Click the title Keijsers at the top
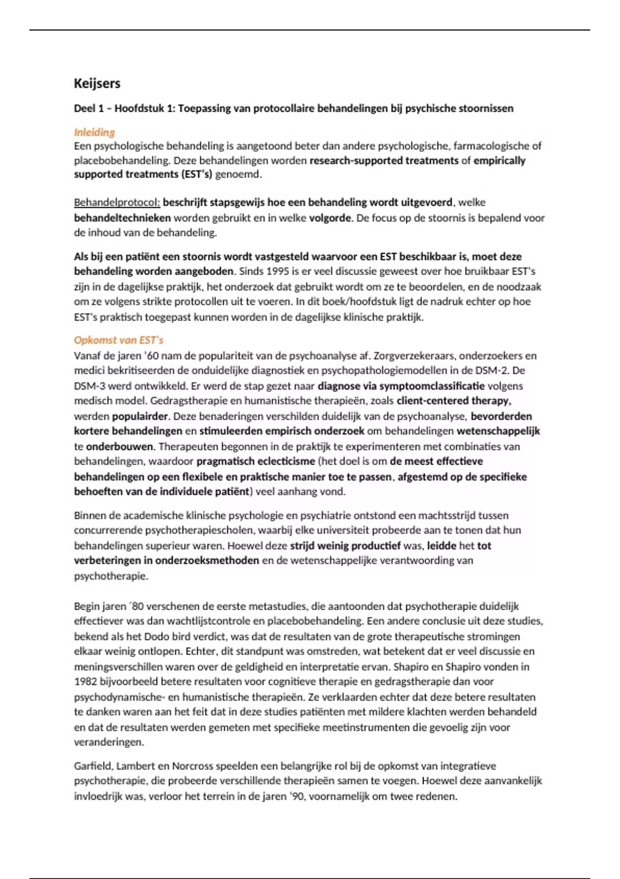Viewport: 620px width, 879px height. click(97, 83)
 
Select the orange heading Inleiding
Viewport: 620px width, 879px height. click(94, 132)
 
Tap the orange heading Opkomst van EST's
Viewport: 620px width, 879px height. click(118, 340)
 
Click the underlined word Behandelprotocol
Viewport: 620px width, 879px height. click(117, 202)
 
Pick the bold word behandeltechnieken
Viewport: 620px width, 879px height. click(122, 218)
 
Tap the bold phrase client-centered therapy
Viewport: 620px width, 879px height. click(454, 401)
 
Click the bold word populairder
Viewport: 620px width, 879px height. click(140, 416)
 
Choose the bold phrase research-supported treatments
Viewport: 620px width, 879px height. click(384, 160)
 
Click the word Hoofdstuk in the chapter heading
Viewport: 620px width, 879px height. click(137, 109)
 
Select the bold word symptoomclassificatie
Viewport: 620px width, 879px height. click(432, 386)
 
